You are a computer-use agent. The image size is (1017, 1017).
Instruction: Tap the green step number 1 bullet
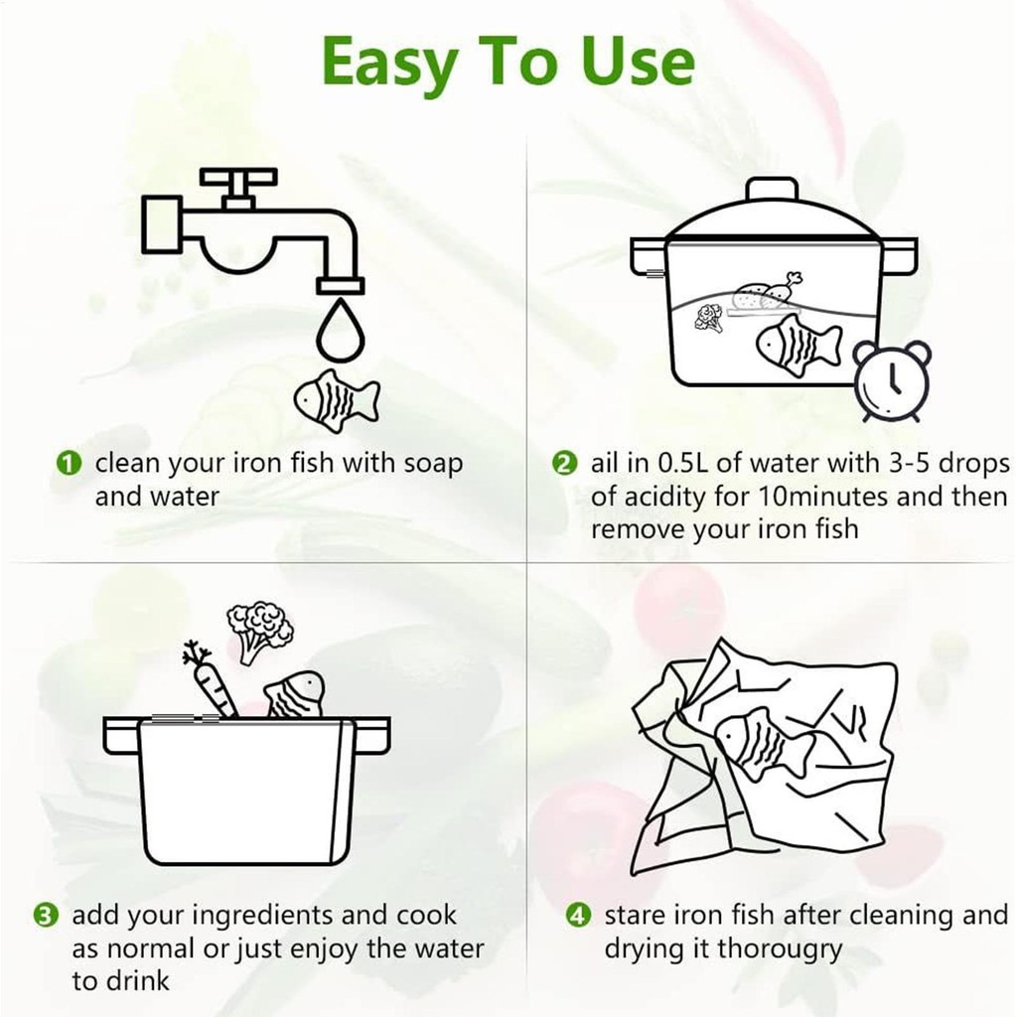click(70, 464)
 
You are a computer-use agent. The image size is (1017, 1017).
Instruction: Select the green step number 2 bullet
click(564, 464)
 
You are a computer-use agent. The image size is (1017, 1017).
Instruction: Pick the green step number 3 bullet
click(46, 916)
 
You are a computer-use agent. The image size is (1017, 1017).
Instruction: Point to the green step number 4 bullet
click(579, 916)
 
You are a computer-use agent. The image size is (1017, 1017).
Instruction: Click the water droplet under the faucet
click(341, 329)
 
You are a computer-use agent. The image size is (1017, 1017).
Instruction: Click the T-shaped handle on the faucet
click(238, 187)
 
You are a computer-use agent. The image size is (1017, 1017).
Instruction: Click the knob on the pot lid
click(771, 190)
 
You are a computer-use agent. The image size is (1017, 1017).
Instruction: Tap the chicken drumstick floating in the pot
click(787, 289)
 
